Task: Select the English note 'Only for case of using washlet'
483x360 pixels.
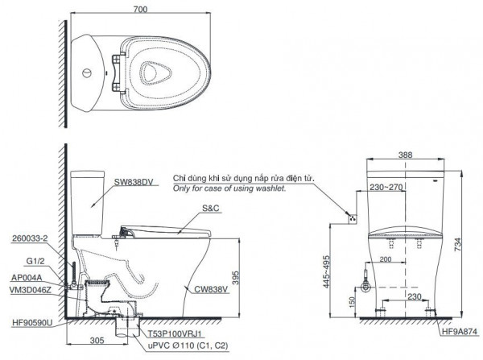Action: (229, 188)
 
